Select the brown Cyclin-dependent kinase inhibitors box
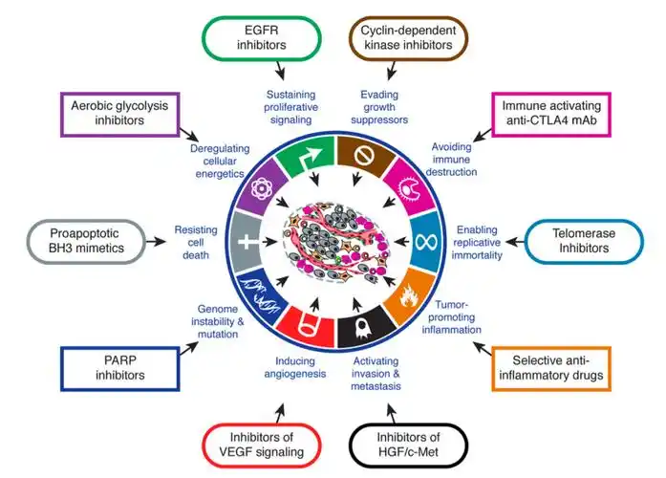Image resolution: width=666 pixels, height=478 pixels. [404, 38]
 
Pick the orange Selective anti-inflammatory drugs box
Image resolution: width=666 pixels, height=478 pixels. [549, 369]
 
